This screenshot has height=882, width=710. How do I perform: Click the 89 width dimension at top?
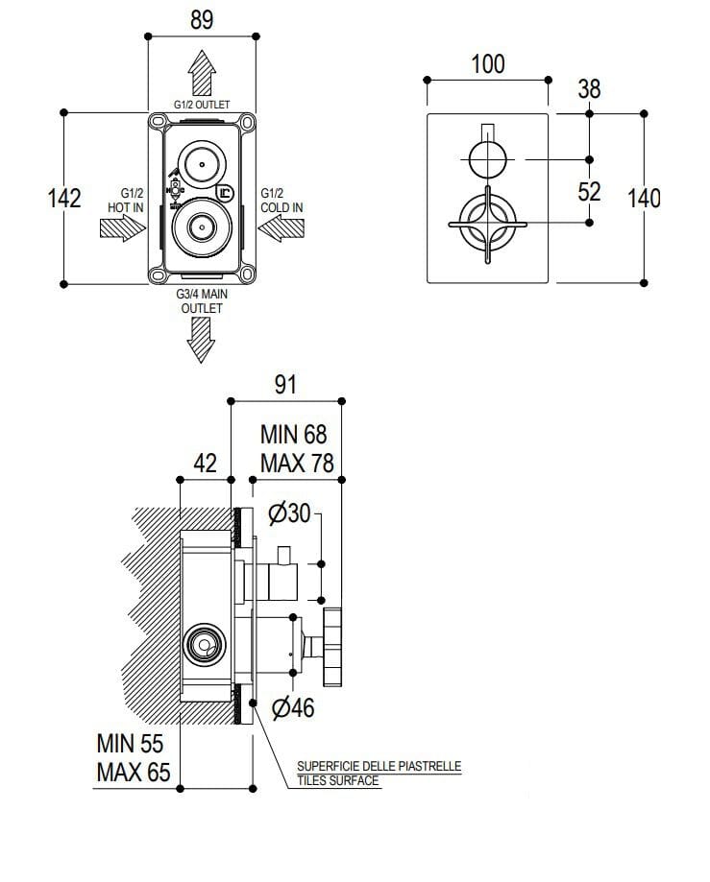[x=202, y=20]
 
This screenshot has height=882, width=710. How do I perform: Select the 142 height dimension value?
[x=64, y=198]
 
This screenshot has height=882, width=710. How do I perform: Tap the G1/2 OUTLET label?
[x=202, y=105]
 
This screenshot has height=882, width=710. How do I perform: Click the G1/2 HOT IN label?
[x=126, y=200]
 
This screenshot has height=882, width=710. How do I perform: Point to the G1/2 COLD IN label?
[x=282, y=200]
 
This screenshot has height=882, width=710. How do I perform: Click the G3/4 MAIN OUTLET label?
[x=202, y=301]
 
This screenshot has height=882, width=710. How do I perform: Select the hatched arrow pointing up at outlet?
[x=202, y=71]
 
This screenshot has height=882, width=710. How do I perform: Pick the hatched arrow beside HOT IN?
[x=122, y=228]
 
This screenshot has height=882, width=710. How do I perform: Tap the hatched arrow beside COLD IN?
[x=281, y=228]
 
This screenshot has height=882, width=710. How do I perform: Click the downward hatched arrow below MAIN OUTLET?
[x=202, y=339]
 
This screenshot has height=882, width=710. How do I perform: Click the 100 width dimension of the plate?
[x=488, y=64]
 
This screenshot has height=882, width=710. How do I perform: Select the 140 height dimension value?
[x=644, y=199]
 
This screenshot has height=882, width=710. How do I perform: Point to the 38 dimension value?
[x=589, y=89]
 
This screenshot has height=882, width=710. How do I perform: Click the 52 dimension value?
[x=589, y=191]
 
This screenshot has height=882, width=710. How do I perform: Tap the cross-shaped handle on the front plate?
[x=488, y=224]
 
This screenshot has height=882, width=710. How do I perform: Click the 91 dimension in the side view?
[x=286, y=385]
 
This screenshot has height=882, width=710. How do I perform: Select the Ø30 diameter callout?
[x=289, y=513]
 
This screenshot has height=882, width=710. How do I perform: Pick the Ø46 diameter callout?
[x=293, y=709]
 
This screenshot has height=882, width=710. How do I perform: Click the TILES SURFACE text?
[x=338, y=781]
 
